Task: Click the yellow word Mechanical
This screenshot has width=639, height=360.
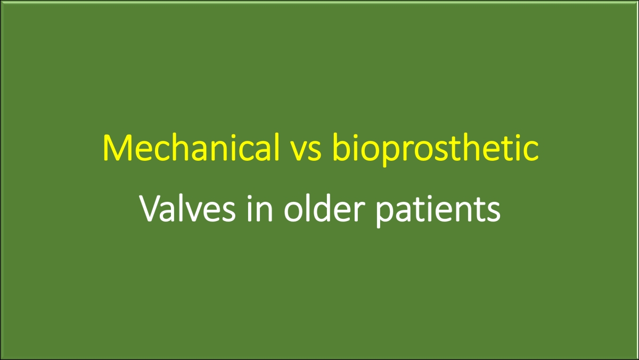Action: point(191,147)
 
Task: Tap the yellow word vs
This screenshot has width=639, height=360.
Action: point(306,151)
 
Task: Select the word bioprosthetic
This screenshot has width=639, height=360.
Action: point(436,150)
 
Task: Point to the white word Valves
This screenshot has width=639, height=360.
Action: point(187,208)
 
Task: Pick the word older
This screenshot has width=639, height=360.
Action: point(324,208)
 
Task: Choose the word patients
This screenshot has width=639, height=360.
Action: point(438,210)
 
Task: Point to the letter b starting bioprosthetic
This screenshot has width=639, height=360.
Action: point(342,147)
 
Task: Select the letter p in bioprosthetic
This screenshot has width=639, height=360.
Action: point(392,154)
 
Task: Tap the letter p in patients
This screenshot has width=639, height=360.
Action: point(386,215)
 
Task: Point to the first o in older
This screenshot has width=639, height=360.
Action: point(294,212)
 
